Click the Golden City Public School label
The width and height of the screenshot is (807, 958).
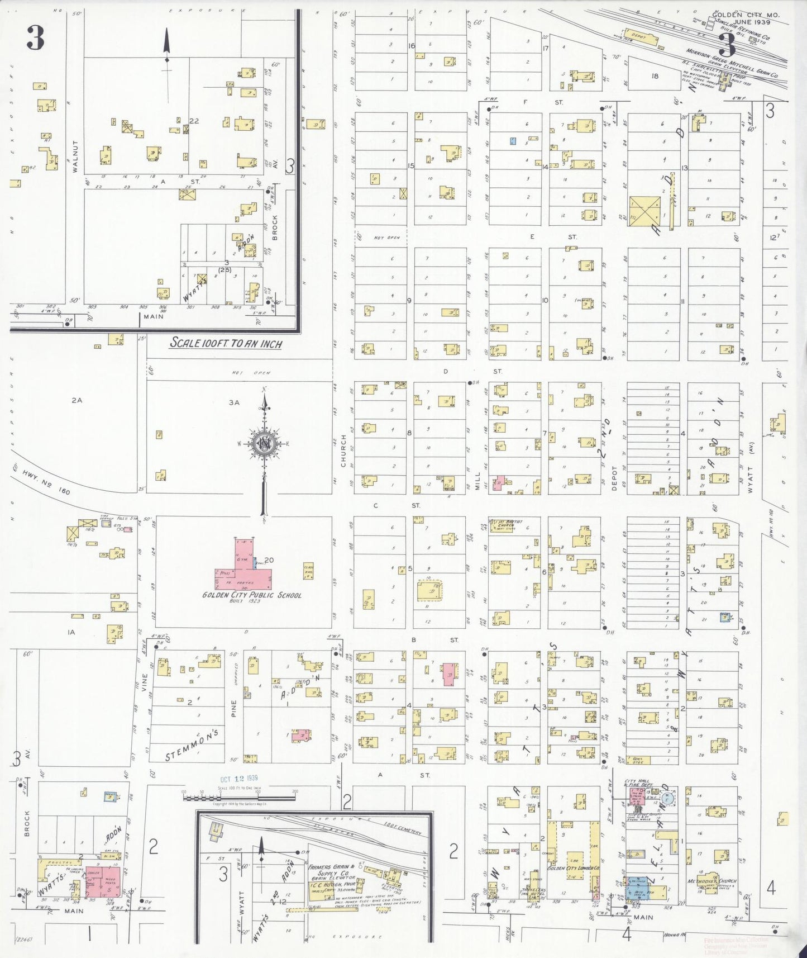[x=251, y=595]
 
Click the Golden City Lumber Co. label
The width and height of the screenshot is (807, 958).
[x=573, y=868]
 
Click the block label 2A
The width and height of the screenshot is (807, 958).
[x=77, y=400]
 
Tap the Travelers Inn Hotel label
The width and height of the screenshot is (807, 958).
[x=534, y=891]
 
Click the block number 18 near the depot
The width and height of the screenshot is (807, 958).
[x=655, y=76]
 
